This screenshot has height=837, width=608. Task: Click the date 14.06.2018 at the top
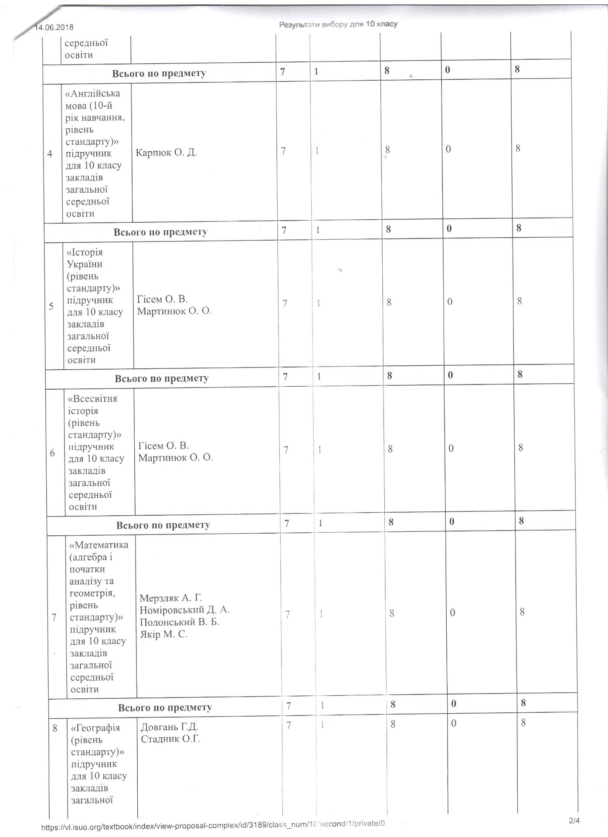[54, 27]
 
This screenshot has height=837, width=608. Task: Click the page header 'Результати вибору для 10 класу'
[338, 24]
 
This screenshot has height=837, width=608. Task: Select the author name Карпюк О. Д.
[166, 153]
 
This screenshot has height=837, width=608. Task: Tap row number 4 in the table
[50, 153]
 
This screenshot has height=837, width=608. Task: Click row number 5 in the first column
[51, 306]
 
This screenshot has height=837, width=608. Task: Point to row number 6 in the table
[52, 453]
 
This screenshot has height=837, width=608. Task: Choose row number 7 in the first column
[54, 617]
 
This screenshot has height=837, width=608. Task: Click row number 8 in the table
[55, 728]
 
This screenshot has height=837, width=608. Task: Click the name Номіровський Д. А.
[184, 609]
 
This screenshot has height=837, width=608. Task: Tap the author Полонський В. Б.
[179, 622]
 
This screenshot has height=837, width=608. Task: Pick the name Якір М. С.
[163, 634]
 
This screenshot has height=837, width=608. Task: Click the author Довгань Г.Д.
[170, 727]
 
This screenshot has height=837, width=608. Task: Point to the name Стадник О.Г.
[170, 739]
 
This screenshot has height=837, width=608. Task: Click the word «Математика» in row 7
[99, 545]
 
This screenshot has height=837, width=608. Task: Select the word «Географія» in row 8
[95, 728]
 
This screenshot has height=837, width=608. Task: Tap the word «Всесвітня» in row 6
[92, 398]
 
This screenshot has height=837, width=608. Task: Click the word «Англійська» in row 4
[92, 93]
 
